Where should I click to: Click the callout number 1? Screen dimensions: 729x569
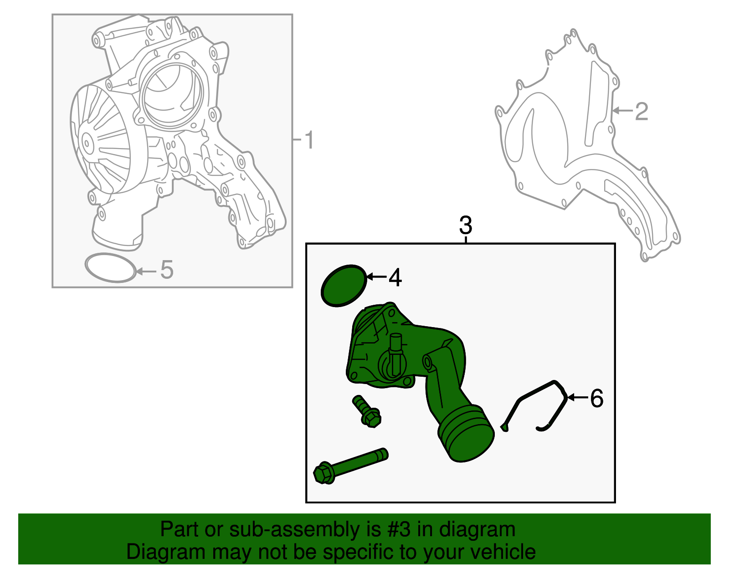pyautogui.click(x=308, y=140)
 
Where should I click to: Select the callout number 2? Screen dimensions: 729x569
pyautogui.click(x=641, y=111)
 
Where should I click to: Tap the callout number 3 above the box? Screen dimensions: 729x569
pyautogui.click(x=466, y=225)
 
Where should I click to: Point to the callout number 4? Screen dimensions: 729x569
pyautogui.click(x=395, y=277)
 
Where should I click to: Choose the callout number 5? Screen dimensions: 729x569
pyautogui.click(x=167, y=270)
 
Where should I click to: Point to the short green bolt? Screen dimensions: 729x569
pyautogui.click(x=366, y=411)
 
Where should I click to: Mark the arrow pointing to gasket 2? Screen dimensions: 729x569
pyautogui.click(x=622, y=110)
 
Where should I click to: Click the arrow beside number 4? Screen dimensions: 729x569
pyautogui.click(x=376, y=277)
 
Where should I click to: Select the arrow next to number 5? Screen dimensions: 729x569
pyautogui.click(x=146, y=271)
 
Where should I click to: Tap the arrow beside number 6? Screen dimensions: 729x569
pyautogui.click(x=578, y=397)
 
